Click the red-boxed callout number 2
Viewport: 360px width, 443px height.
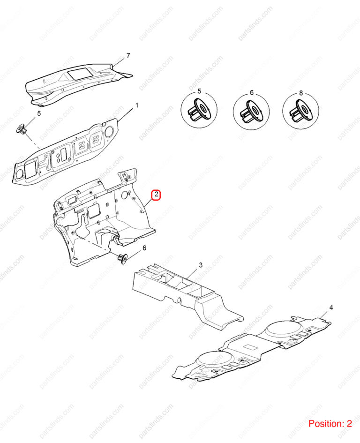156,195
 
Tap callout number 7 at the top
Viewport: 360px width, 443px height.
128,55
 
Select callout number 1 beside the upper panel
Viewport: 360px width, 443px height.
137,105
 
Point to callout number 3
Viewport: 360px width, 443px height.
201,265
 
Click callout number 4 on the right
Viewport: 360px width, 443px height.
331,308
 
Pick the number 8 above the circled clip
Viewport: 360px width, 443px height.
301,93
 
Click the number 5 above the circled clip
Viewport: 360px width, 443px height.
199,91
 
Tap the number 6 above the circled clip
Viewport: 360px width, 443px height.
252,92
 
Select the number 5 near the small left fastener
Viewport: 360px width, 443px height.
39,113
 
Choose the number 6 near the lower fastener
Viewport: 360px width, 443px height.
144,248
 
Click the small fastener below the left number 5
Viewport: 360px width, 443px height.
22,129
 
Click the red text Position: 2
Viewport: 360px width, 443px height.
330,423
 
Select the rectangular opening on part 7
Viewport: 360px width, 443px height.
80,73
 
